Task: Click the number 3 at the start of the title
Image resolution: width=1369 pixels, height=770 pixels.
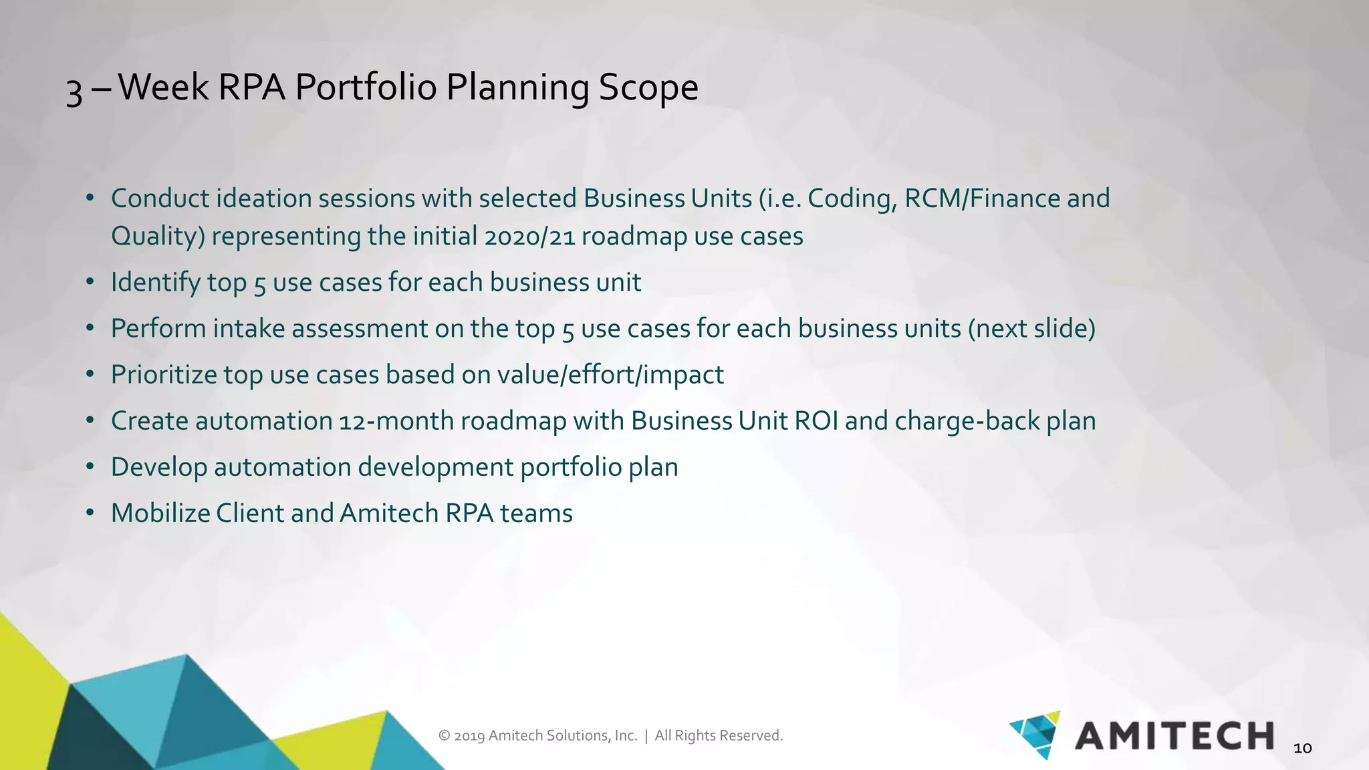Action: click(74, 92)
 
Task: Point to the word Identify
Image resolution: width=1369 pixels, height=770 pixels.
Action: click(155, 283)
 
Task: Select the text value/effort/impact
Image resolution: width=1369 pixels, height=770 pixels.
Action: click(610, 375)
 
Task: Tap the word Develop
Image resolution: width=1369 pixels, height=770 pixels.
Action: click(158, 467)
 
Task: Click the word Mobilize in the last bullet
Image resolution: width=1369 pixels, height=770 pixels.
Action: click(160, 513)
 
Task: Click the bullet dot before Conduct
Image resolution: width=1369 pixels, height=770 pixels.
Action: click(90, 199)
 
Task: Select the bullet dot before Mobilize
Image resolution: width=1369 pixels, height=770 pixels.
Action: click(90, 513)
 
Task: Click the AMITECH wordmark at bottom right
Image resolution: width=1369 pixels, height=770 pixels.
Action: click(1174, 736)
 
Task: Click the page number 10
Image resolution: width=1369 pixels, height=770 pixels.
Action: click(1302, 749)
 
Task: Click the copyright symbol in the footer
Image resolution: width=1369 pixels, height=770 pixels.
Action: click(444, 736)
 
